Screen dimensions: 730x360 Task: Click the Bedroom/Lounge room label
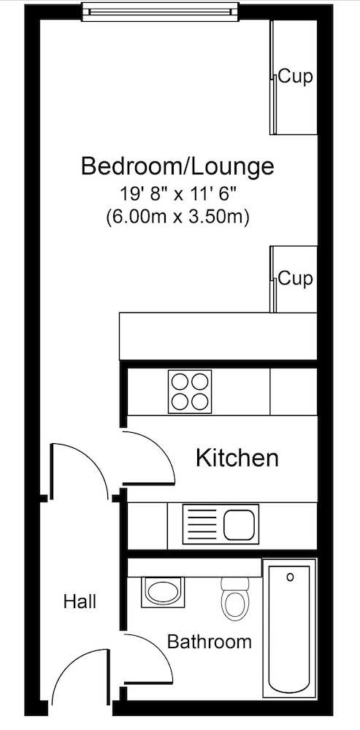pyautogui.click(x=177, y=166)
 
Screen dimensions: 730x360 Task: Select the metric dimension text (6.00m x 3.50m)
pyautogui.click(x=177, y=216)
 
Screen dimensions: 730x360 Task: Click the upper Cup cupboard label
pyautogui.click(x=296, y=77)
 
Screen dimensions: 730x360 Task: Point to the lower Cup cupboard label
pyautogui.click(x=296, y=278)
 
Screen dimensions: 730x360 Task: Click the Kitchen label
pyautogui.click(x=237, y=458)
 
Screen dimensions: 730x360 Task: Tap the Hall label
pyautogui.click(x=80, y=602)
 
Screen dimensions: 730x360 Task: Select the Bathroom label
pyautogui.click(x=210, y=642)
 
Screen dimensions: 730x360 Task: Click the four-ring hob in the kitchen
pyautogui.click(x=190, y=391)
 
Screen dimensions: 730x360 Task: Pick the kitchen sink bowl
pyautogui.click(x=240, y=524)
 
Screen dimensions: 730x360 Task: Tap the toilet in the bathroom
pyautogui.click(x=234, y=601)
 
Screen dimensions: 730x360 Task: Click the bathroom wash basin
pyautogui.click(x=160, y=591)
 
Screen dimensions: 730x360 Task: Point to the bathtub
pyautogui.click(x=290, y=628)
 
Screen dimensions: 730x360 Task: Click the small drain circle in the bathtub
pyautogui.click(x=290, y=577)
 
